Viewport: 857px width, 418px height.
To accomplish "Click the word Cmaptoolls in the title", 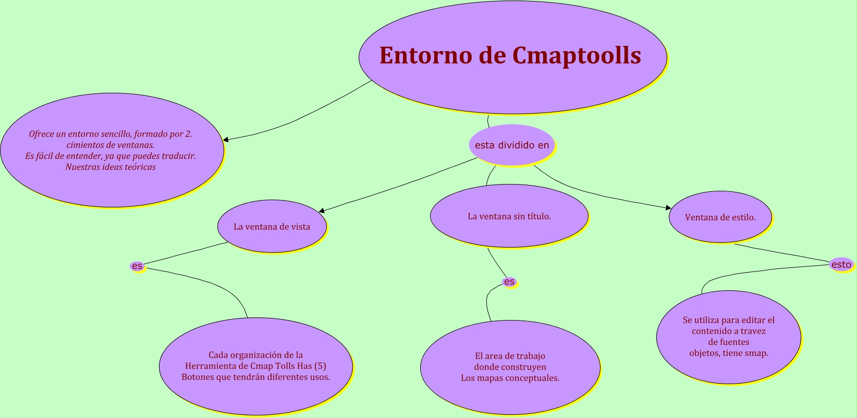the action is (x=577, y=56).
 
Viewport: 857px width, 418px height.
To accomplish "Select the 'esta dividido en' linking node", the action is (x=512, y=145).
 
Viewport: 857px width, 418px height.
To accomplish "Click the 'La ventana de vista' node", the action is (x=272, y=227).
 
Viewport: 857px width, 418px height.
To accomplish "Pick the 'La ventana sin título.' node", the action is (x=509, y=216).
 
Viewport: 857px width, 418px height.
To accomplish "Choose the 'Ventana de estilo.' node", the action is (x=720, y=217).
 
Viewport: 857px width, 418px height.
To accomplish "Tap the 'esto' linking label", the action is (x=841, y=264).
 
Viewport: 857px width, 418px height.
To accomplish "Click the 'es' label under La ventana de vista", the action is (x=137, y=266).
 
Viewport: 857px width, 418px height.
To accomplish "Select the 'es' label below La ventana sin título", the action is (x=509, y=282).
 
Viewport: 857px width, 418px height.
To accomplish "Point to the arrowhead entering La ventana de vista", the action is (x=322, y=211).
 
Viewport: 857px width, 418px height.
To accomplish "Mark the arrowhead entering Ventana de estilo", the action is (x=668, y=208).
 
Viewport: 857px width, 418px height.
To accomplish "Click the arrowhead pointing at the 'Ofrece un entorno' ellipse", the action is (x=226, y=140).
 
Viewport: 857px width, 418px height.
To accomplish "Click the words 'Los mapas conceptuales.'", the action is (x=510, y=378).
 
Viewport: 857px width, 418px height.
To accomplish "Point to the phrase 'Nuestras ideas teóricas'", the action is (x=111, y=167).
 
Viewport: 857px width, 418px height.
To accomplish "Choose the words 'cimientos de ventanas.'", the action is (x=111, y=145).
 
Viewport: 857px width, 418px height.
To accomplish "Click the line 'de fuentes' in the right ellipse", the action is (x=728, y=342).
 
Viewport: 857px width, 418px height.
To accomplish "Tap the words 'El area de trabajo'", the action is (x=510, y=356).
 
